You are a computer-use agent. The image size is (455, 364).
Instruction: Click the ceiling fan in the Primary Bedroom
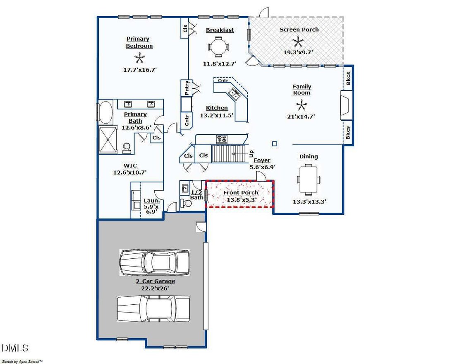point(139,58)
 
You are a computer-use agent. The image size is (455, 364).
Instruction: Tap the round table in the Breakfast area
point(218,47)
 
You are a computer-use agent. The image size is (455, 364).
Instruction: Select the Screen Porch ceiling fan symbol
point(298,41)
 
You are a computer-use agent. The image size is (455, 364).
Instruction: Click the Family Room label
point(302,90)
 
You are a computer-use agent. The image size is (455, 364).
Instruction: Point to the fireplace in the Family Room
point(346,105)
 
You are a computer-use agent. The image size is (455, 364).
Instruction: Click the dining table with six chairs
point(309,179)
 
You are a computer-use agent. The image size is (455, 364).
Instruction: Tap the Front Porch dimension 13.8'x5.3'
point(242,200)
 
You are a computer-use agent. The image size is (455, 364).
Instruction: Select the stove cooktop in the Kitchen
point(222,139)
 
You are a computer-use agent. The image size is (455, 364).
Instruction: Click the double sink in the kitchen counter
point(234,94)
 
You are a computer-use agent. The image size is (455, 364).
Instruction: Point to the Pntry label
point(187,88)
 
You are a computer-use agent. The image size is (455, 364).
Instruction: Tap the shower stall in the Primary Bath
point(108,140)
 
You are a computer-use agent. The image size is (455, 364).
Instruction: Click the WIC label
point(130,166)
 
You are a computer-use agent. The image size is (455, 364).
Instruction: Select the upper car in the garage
point(154,262)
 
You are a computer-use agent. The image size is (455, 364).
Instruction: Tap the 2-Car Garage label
point(156,281)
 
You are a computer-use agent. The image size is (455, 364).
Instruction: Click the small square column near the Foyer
point(275,143)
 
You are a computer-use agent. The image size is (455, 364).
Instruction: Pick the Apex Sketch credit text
point(22,362)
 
